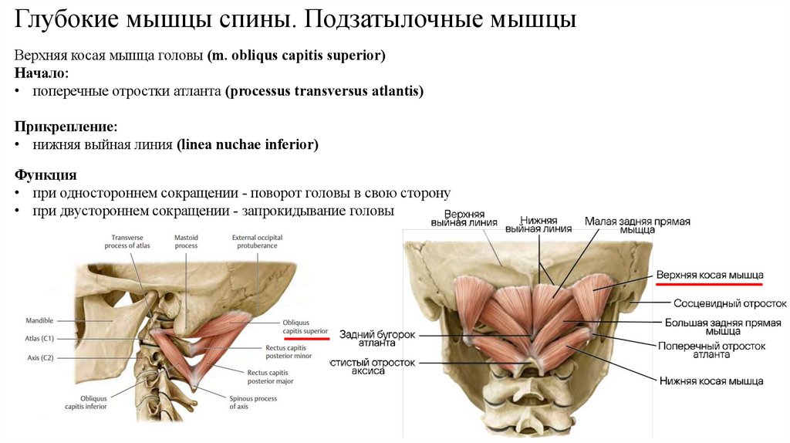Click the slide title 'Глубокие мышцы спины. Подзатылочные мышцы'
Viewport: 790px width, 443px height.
(x=295, y=19)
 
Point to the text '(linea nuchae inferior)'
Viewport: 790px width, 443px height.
(x=247, y=144)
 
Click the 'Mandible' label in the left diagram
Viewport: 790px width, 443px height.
(x=39, y=319)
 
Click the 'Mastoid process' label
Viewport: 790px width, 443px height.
(x=186, y=241)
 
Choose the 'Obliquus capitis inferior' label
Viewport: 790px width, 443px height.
(x=86, y=401)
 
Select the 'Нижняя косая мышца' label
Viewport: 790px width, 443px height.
(x=711, y=380)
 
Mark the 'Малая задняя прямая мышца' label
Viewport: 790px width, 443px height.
(x=637, y=225)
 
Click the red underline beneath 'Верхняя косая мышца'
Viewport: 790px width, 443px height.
(x=708, y=285)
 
